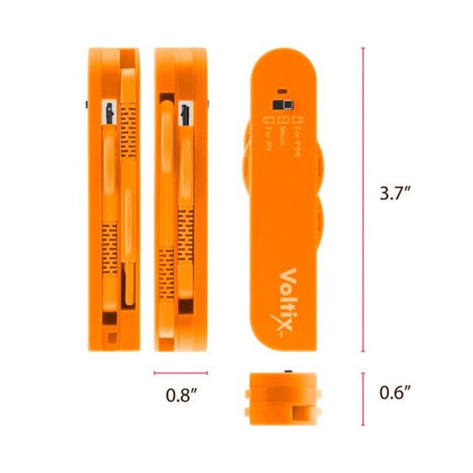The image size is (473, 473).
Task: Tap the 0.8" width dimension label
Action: click(x=182, y=395)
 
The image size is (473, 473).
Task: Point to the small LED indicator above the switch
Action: click(x=281, y=91)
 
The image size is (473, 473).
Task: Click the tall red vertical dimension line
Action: click(x=364, y=200)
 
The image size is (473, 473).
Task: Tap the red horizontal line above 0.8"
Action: click(x=181, y=374)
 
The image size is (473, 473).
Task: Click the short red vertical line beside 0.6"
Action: click(x=364, y=393)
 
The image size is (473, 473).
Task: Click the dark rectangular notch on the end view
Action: click(x=304, y=411)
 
